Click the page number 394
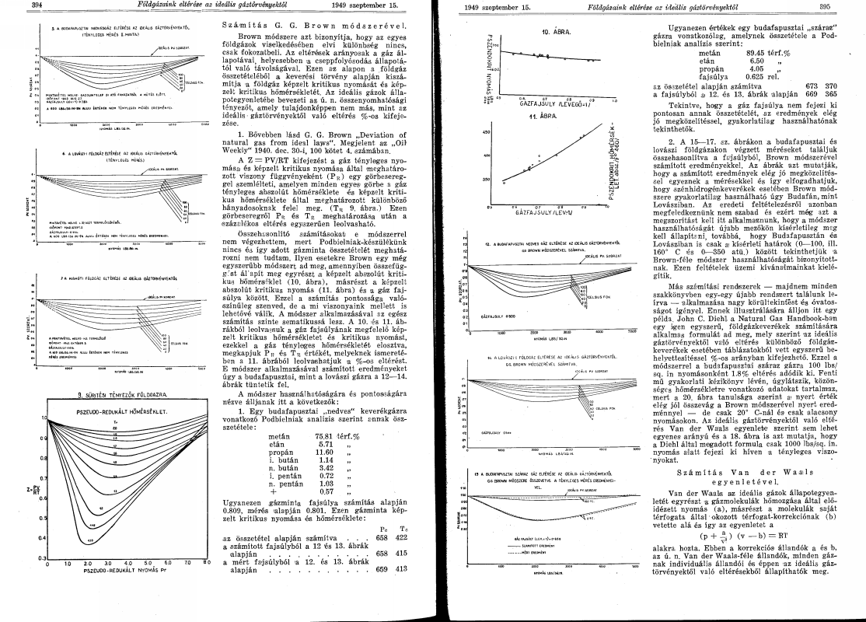point(14,5)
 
